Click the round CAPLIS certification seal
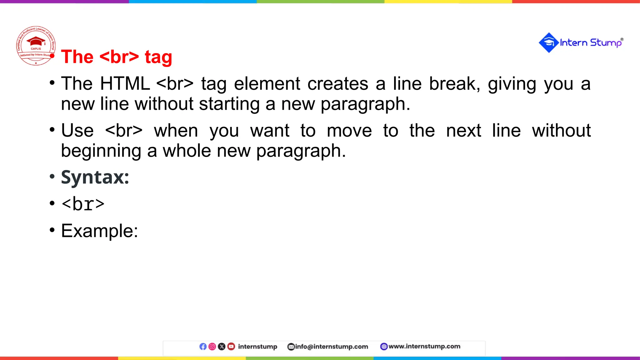(36, 46)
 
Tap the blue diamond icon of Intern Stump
(548, 42)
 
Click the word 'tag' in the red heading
(158, 57)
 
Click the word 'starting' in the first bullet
(229, 104)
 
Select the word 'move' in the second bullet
(349, 131)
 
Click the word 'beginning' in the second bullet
(101, 151)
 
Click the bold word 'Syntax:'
(95, 177)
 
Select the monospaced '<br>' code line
(83, 204)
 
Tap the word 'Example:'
(99, 231)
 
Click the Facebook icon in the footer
(203, 347)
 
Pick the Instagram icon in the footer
(212, 347)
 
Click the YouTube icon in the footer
(231, 347)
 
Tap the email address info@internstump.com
(331, 347)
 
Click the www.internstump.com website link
(424, 346)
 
